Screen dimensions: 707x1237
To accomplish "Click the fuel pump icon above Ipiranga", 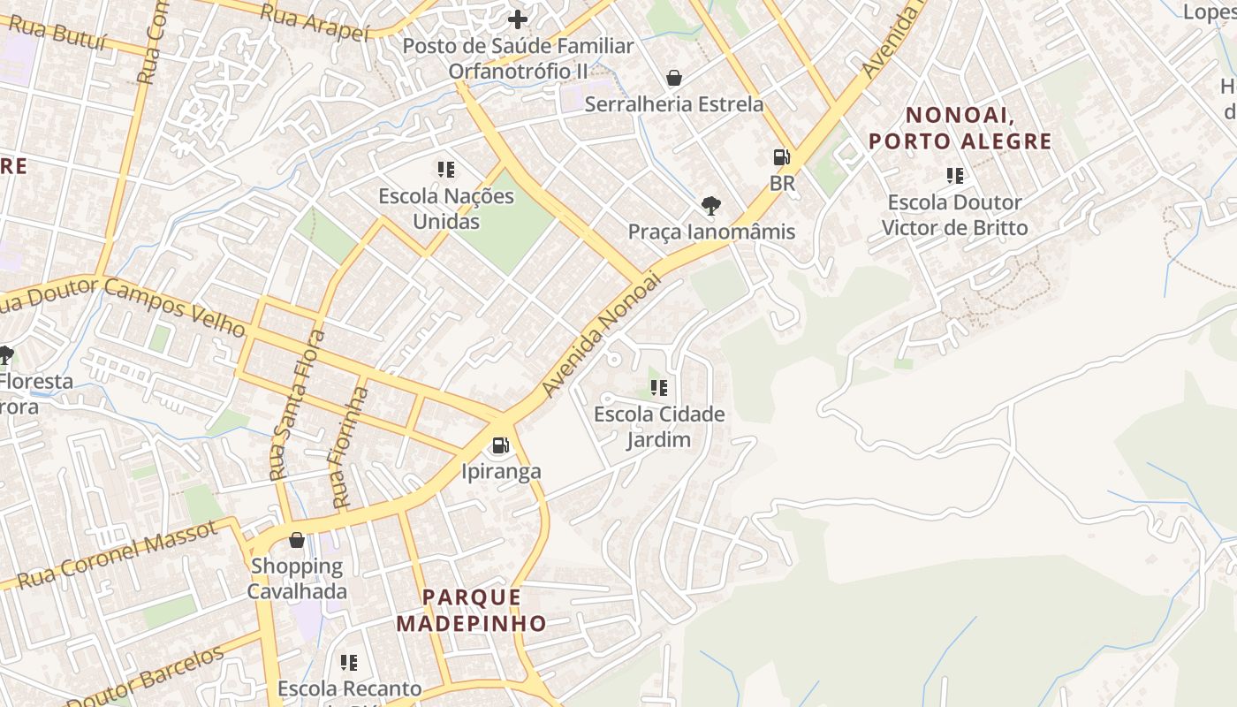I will [x=500, y=445].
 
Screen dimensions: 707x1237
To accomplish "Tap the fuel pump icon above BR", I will [x=782, y=158].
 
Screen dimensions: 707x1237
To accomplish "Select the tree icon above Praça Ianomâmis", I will [x=710, y=207].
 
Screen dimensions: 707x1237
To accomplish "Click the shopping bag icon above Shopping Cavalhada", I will [x=297, y=540].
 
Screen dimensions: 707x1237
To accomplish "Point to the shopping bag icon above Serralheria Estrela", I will [x=674, y=78].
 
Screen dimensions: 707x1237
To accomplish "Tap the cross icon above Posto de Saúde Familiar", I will [x=518, y=19].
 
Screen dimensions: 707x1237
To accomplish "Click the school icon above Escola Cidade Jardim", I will [x=658, y=388].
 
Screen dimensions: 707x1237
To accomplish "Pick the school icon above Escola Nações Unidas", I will [x=446, y=169].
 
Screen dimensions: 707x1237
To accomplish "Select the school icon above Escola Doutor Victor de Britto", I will [x=954, y=176].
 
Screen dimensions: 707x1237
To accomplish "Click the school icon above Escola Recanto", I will [x=349, y=662].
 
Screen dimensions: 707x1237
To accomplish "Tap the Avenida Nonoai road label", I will [x=602, y=335].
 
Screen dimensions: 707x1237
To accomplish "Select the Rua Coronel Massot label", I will [x=117, y=555].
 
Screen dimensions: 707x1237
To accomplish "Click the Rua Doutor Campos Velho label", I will [x=124, y=306].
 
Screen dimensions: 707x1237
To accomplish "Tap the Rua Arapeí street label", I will [x=315, y=22].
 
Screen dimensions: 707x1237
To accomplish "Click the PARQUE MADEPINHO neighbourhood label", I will [x=471, y=610].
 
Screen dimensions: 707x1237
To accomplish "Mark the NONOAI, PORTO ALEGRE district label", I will [x=960, y=128].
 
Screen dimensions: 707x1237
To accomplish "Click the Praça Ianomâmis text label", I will [x=711, y=232].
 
